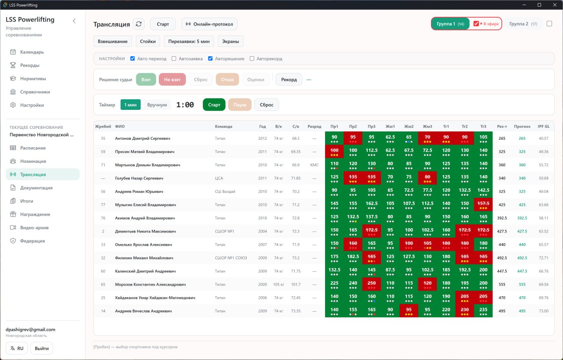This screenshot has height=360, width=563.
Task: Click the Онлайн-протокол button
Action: point(209,24)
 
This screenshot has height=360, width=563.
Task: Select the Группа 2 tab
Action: point(523,24)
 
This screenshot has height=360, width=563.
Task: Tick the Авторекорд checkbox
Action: point(252,58)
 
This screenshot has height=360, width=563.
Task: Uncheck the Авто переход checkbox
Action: point(132,58)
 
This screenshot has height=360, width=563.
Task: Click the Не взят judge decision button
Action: point(172,80)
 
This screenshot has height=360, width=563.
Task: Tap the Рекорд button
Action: point(289,80)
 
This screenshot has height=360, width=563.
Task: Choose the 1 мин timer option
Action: point(131,105)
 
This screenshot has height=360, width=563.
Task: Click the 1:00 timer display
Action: point(185,105)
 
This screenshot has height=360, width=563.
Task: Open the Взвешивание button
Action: point(113,41)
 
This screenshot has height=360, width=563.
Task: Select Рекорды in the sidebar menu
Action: point(29,65)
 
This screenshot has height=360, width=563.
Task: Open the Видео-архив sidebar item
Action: point(34,228)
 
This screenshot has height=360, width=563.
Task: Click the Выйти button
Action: point(42,348)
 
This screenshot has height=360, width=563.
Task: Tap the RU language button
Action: point(17,348)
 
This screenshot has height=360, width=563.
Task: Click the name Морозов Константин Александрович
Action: point(150,284)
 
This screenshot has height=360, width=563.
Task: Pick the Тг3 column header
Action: point(483,126)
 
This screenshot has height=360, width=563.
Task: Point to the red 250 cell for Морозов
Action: point(372,284)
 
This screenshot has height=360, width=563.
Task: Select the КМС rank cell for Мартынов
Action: point(314,165)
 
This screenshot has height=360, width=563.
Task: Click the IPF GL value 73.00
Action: point(543,311)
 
